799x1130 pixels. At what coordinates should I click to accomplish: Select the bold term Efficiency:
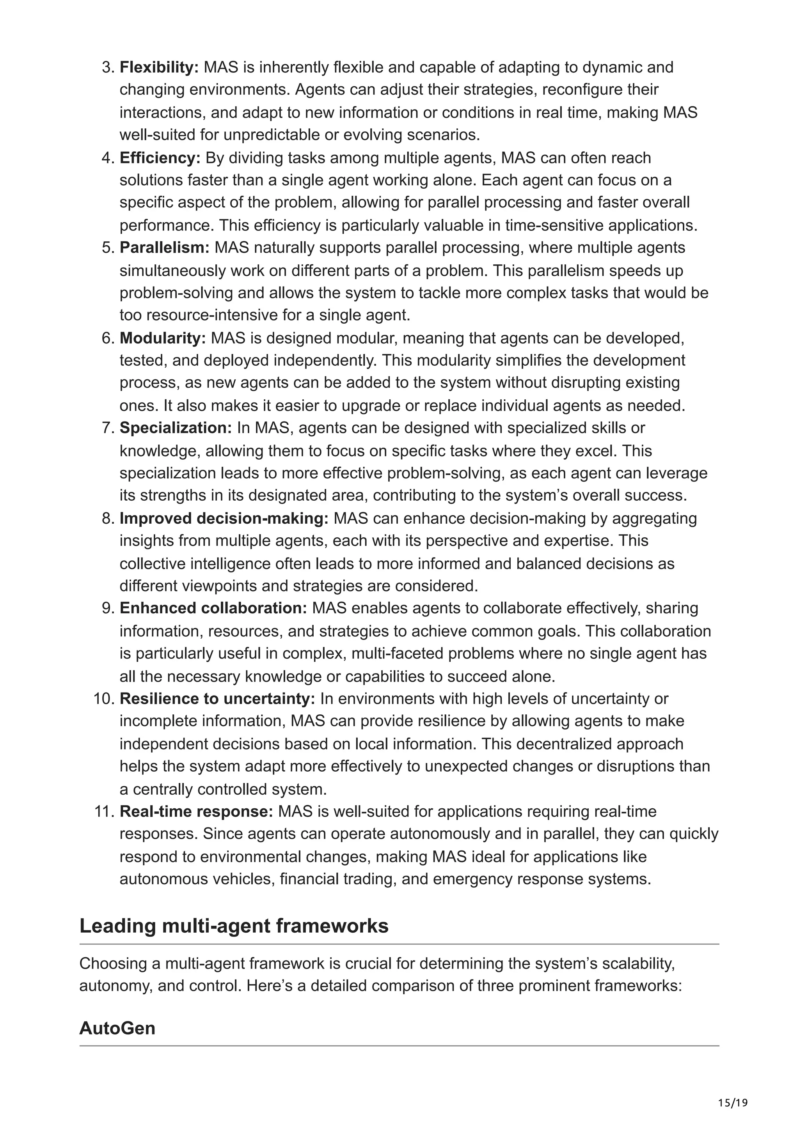coord(160,158)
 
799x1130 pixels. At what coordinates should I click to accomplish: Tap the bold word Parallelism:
coord(164,248)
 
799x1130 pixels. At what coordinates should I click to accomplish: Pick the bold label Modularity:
coord(162,338)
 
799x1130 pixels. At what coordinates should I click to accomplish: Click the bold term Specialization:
coord(176,428)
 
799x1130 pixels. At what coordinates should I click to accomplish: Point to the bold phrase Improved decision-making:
coord(224,518)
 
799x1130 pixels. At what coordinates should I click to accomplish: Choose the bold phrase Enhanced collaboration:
coord(213,608)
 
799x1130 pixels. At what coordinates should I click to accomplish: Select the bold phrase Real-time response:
coord(196,811)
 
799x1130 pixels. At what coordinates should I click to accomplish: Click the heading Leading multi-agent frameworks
coord(234,926)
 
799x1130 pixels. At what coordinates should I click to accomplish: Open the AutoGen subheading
coord(117,1028)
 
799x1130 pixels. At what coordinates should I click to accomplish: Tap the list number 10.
coord(104,698)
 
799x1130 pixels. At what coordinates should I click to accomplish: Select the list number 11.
coord(104,811)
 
